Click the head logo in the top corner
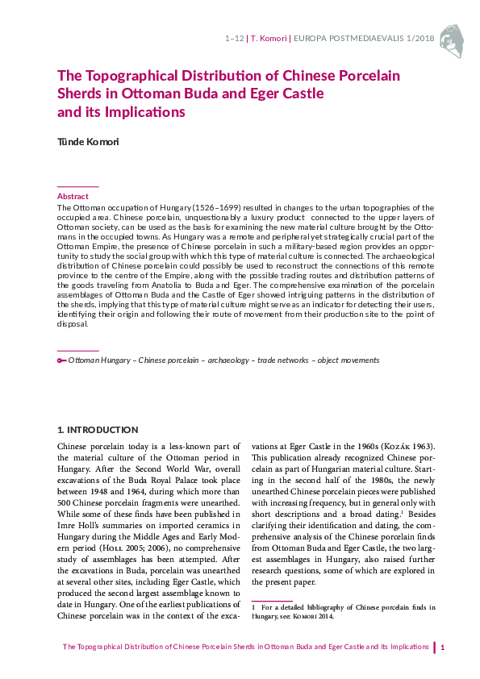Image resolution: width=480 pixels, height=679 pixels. pyautogui.click(x=454, y=37)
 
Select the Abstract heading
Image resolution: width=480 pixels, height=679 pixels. pyautogui.click(x=73, y=196)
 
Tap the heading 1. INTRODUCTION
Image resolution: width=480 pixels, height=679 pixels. pyautogui.click(x=98, y=430)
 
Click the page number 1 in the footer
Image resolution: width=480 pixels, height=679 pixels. pyautogui.click(x=443, y=647)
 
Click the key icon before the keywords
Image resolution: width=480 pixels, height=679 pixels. pyautogui.click(x=61, y=360)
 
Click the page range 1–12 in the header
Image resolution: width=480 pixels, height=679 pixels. pyautogui.click(x=234, y=38)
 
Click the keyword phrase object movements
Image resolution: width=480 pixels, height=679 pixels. pyautogui.click(x=349, y=360)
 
